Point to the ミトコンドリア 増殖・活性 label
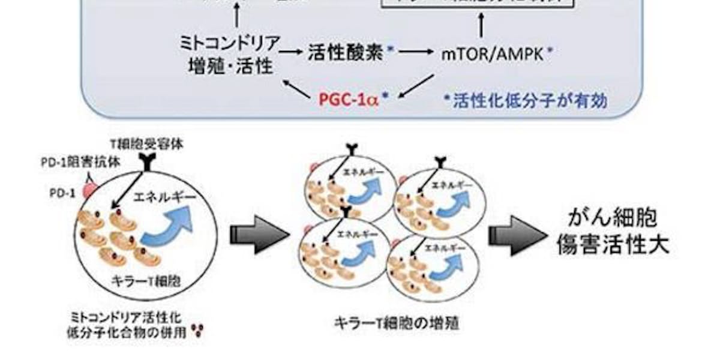click(230, 55)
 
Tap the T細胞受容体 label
click(144, 145)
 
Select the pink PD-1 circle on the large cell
click(90, 192)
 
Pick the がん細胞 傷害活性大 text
click(612, 232)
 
